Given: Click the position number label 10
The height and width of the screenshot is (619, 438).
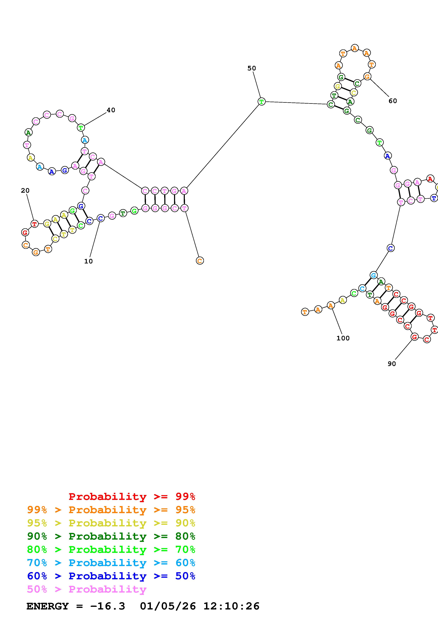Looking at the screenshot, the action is [88, 261].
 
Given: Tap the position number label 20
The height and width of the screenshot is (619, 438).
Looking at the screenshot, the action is [25, 191].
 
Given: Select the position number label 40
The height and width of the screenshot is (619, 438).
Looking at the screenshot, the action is [111, 110].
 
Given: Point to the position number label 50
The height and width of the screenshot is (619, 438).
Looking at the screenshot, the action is [252, 68].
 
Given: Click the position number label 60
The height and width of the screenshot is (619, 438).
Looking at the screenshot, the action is [393, 101].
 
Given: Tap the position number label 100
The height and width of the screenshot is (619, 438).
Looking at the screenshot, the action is [343, 338].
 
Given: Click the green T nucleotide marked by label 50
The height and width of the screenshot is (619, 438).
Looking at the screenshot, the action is [261, 102].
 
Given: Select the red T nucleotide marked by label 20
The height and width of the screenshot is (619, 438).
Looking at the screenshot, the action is [34, 224].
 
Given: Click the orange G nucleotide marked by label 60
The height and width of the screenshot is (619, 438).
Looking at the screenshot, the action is [367, 77].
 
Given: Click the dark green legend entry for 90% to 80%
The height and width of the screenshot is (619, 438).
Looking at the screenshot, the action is [111, 536].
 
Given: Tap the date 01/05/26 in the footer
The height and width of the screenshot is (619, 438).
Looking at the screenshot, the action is [168, 606].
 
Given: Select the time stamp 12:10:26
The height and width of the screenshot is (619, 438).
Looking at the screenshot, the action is [231, 606].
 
